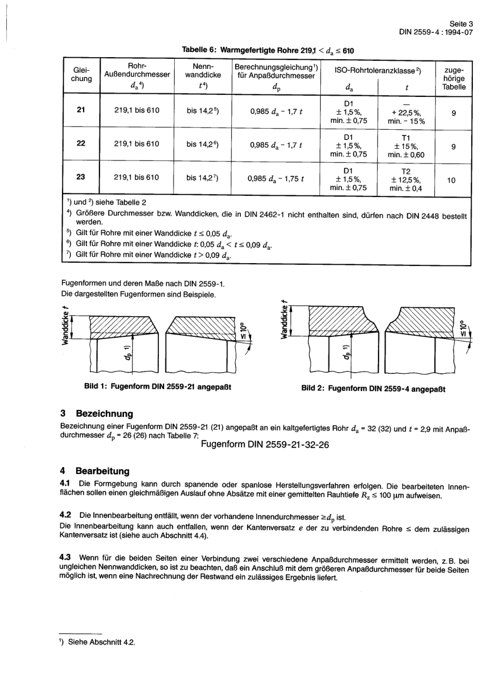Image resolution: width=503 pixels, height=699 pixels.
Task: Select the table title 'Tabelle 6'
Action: coord(199,50)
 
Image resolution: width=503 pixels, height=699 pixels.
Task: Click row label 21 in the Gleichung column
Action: coord(81,110)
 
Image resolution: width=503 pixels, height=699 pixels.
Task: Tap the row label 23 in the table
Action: coord(81,177)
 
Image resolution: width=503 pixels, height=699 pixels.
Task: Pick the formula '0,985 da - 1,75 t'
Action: coord(275,178)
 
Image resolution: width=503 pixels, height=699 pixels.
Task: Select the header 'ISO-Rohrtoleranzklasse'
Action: coord(378,70)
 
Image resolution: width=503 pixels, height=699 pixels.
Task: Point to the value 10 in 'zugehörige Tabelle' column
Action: coord(451,180)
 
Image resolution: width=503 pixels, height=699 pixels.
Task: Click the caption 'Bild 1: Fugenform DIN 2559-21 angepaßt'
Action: coord(158,387)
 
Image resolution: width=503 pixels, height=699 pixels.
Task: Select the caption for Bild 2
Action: coord(373,389)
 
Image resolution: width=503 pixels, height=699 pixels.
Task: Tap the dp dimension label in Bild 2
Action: coord(346,351)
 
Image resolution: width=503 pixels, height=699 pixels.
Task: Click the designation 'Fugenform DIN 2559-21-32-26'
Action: coord(265,444)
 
